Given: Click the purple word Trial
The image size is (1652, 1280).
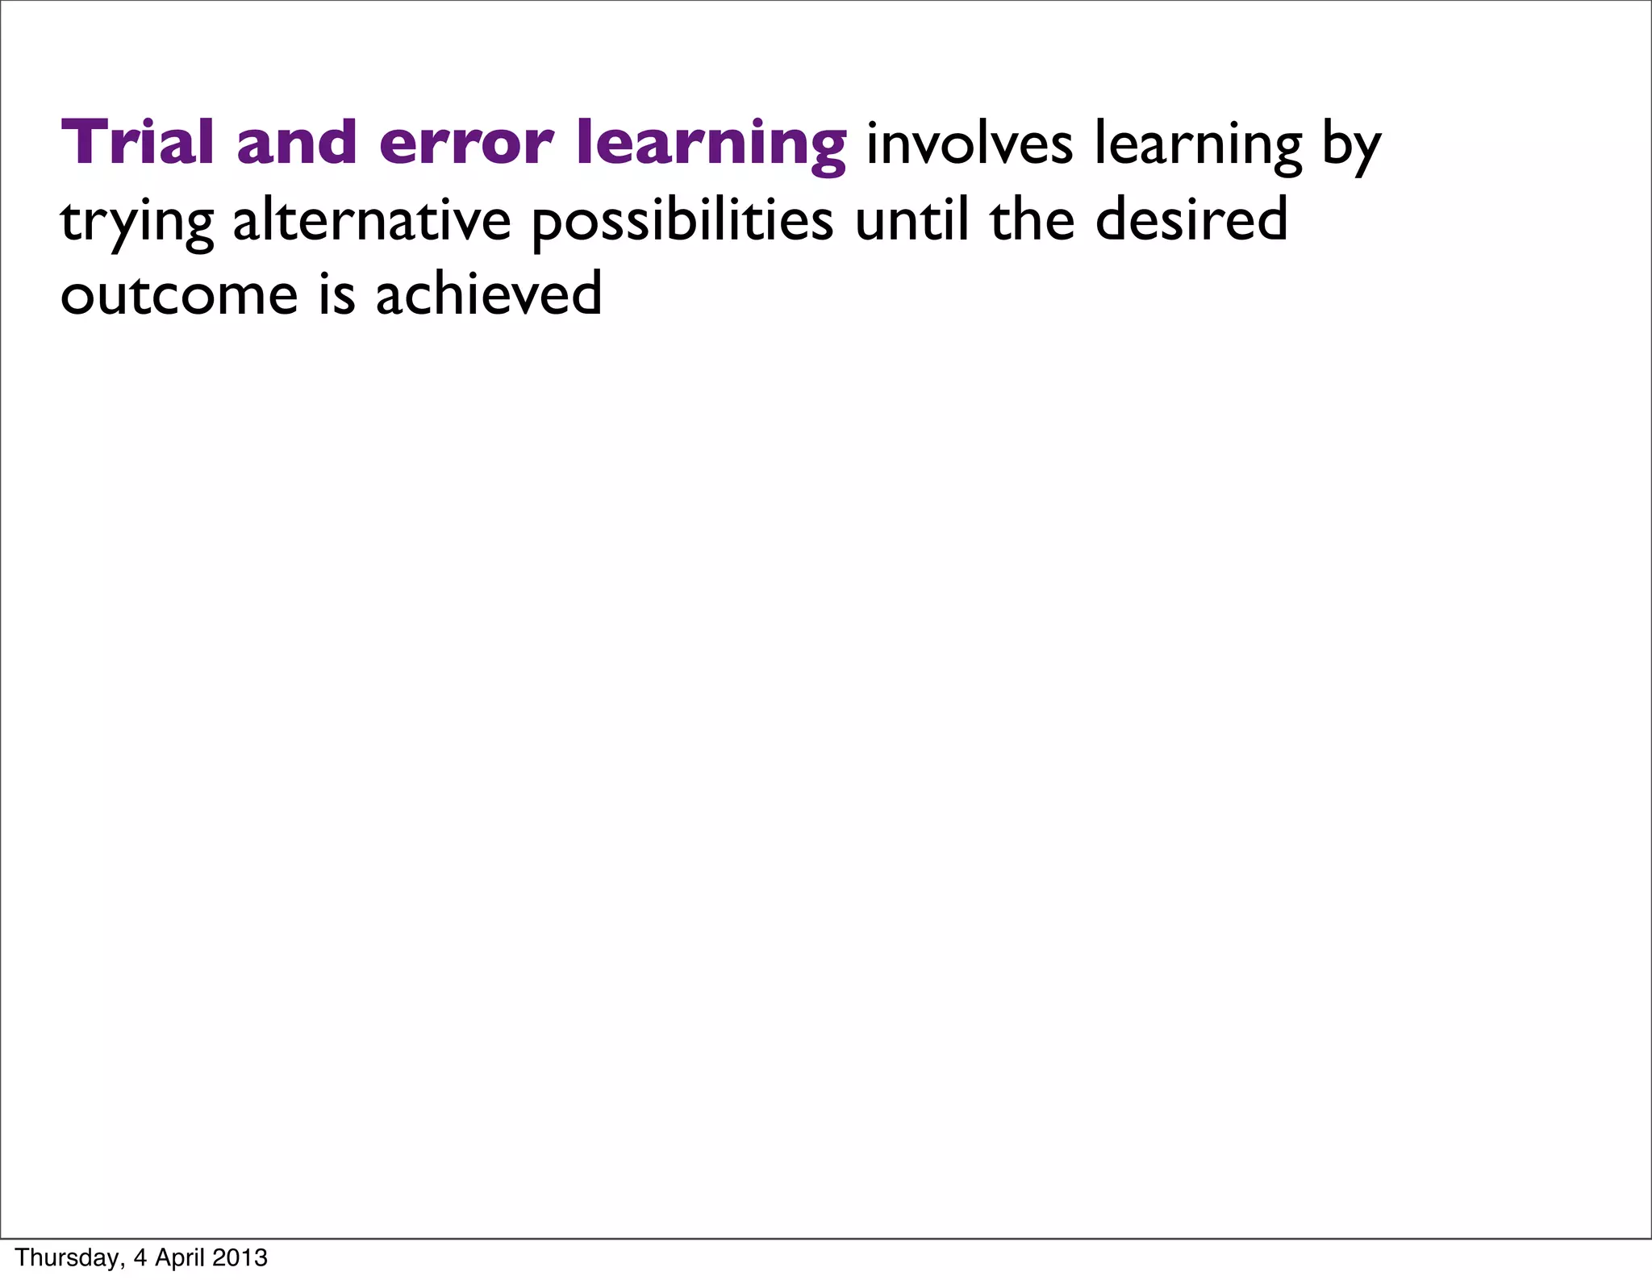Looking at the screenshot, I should pyautogui.click(x=138, y=143).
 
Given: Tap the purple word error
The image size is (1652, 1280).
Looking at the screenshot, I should pyautogui.click(x=465, y=143).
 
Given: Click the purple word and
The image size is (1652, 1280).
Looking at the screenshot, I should pyautogui.click(x=296, y=143).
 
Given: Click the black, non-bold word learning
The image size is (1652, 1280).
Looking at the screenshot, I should pyautogui.click(x=1198, y=146).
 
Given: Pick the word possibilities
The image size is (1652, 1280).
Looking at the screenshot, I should pyautogui.click(x=682, y=222).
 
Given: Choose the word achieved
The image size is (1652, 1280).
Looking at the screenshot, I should pyautogui.click(x=488, y=294).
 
